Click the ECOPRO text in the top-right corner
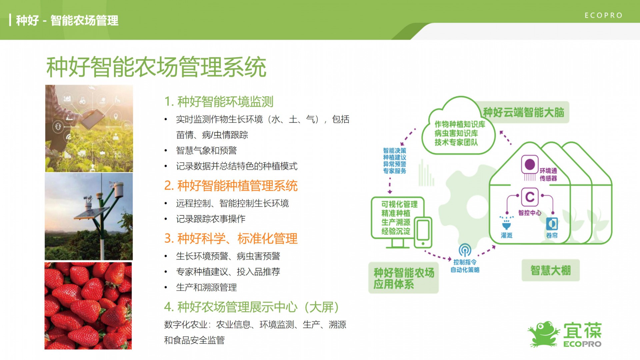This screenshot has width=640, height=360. point(603,15)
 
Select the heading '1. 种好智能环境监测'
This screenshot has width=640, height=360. point(219,101)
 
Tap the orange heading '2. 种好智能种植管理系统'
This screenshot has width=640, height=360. point(231,186)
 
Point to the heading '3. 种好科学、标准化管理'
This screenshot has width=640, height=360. point(231,238)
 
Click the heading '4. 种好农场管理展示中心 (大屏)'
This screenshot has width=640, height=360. point(252,307)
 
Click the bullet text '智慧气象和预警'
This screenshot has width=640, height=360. point(206,150)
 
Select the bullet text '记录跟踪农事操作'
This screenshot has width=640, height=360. point(211,219)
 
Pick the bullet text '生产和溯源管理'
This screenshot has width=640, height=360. point(206,287)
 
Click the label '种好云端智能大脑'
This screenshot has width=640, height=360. point(524,112)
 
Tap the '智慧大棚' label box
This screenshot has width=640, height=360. point(551,270)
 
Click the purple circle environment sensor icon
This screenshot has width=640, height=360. point(530,165)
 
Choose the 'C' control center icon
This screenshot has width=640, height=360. point(530,197)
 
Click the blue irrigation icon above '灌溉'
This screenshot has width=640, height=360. point(506,222)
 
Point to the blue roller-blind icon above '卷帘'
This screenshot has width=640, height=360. point(552,224)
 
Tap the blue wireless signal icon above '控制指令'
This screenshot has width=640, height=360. point(465,250)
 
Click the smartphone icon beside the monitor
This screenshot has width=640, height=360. point(423,233)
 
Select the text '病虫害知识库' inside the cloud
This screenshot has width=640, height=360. point(456,133)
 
